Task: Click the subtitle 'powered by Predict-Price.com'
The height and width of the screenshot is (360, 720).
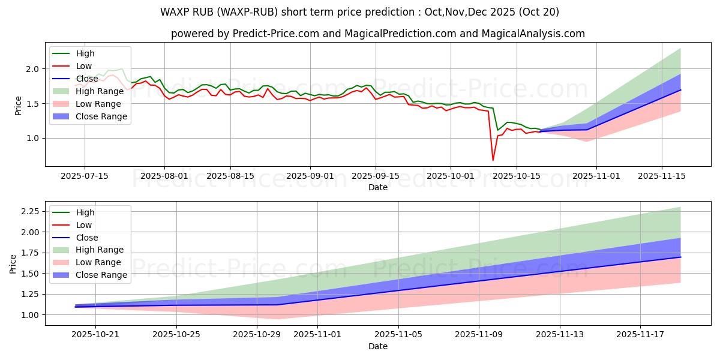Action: coord(378,34)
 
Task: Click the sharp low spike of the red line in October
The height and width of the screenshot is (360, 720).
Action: coord(493,160)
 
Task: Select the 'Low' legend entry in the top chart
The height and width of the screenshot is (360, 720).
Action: coord(84,66)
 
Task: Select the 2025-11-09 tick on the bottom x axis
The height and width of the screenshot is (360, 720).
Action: coord(479,334)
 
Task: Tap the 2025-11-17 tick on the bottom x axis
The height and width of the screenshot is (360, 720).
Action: coord(640,334)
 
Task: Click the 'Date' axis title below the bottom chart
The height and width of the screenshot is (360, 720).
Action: coord(378,346)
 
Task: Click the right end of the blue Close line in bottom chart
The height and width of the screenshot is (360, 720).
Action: coord(680,257)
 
